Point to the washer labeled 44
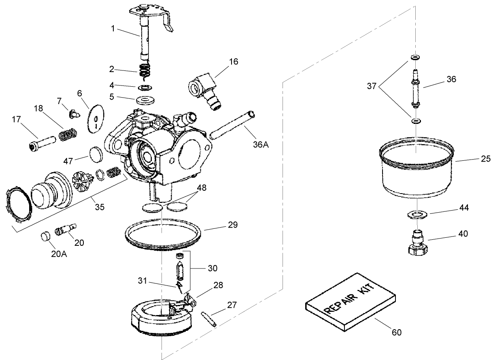[x=417, y=214]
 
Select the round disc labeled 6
[x=95, y=118]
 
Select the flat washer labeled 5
[x=145, y=99]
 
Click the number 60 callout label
[x=397, y=332]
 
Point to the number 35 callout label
[x=100, y=207]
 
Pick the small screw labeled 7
[x=73, y=114]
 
